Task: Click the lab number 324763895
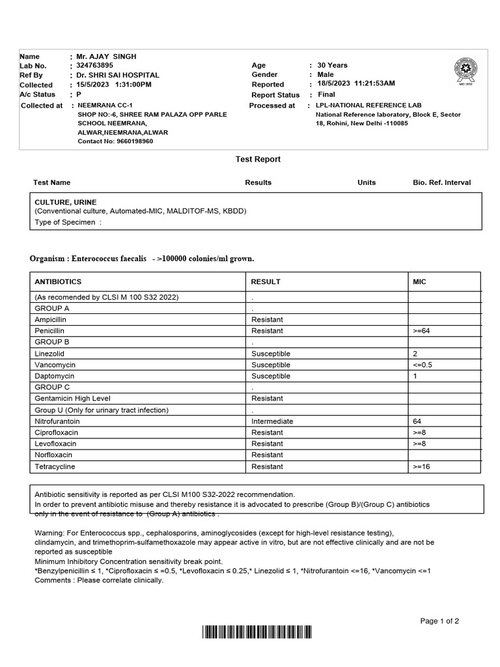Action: coord(94,66)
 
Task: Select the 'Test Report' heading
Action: coord(258,159)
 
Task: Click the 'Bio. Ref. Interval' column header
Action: coord(441,182)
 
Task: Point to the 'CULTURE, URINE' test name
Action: coord(65,203)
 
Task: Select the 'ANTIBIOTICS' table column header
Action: coord(58,282)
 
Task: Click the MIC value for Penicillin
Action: coord(422,331)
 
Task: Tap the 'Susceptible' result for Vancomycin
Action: coord(271,365)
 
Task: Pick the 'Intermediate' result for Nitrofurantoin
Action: coord(272,421)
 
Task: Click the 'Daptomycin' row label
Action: coord(54,376)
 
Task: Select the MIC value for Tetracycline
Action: coord(422,467)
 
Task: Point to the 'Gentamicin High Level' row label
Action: coord(72,399)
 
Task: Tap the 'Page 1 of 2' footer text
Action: coord(439,621)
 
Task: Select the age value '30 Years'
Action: coord(332,65)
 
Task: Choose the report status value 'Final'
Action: coord(326,94)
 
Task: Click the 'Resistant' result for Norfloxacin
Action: coord(267,455)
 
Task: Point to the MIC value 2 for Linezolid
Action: coord(415,354)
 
